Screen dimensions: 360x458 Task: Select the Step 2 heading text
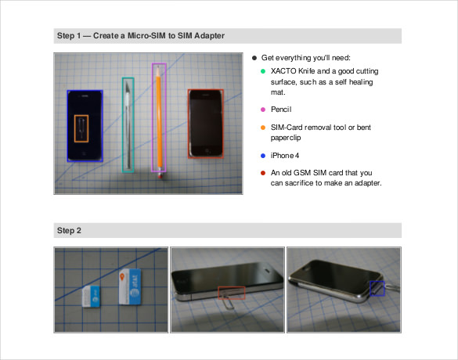tap(69, 230)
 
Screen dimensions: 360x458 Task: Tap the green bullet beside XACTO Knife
tap(263, 71)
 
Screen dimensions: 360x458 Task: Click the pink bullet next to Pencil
tap(263, 109)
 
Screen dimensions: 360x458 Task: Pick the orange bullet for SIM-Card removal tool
tap(263, 127)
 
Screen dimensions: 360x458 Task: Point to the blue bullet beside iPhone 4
tap(263, 154)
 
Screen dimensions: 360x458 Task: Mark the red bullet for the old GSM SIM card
tap(263, 172)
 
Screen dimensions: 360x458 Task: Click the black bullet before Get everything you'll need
tap(254, 58)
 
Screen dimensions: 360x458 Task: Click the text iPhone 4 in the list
tap(285, 154)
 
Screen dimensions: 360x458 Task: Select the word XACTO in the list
tap(284, 71)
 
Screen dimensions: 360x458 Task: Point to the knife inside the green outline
tap(128, 124)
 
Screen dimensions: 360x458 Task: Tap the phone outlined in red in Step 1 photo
tap(206, 124)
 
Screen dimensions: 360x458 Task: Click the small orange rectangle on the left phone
tap(81, 128)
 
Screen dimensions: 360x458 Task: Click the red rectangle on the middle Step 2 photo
tap(231, 293)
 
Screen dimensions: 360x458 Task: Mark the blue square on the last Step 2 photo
tap(377, 288)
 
